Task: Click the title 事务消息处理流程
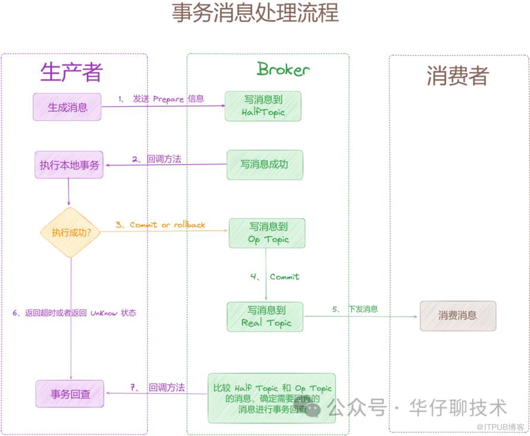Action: coord(255,13)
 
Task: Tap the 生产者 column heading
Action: coord(71,72)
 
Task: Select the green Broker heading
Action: coord(283,69)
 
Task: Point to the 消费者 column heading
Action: coord(457,76)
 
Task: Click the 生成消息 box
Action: coord(67,107)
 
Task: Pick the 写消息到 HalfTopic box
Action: coord(263,106)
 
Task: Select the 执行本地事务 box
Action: coord(68,165)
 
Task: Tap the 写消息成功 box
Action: coord(264,164)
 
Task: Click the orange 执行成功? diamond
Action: coord(70,233)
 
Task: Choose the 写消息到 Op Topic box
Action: coord(267,233)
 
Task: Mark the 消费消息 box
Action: coord(457,316)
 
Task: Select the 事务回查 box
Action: coord(69,394)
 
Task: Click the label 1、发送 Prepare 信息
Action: coord(161,99)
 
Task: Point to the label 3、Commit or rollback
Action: coord(160,225)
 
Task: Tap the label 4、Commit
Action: coord(275,277)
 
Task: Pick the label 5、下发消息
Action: coord(356,309)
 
